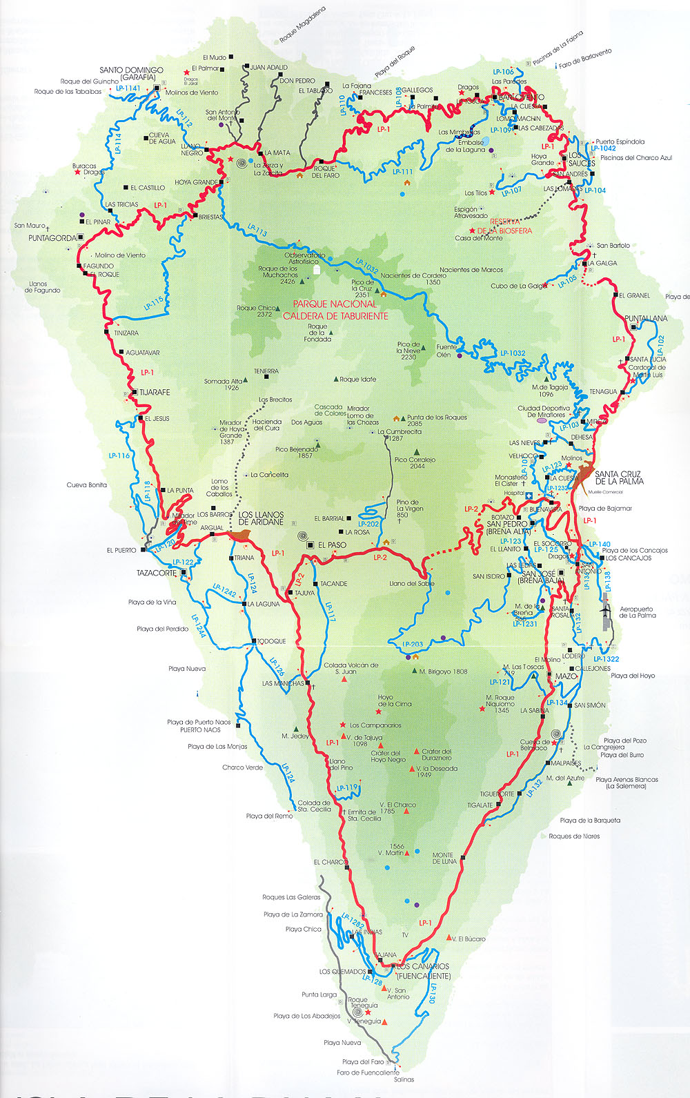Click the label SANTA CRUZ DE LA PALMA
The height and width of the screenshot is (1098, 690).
[x=619, y=478]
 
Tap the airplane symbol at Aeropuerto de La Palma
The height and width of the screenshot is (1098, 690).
[x=607, y=610]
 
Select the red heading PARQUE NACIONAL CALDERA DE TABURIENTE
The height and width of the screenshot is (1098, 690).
[x=335, y=310]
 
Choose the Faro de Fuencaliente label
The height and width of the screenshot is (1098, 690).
[x=368, y=1072]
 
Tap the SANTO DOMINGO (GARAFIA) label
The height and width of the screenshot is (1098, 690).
[x=131, y=74]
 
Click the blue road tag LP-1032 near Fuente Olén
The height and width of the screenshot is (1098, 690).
[x=513, y=353]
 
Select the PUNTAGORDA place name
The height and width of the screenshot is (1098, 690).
[x=52, y=238]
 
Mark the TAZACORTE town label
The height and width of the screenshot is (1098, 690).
[x=158, y=573]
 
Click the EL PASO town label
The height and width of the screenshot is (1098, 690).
[x=332, y=545]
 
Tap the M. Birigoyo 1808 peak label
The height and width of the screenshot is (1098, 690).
[x=443, y=671]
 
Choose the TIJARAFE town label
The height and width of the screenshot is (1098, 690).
[x=155, y=392]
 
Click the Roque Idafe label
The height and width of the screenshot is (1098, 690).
[x=358, y=380]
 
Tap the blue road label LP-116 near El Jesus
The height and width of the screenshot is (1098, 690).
[x=119, y=455]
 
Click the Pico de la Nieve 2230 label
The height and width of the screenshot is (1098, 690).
[x=408, y=351]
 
